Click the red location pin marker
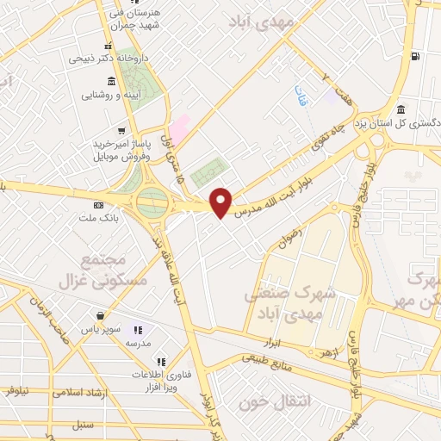221,202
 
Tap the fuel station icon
415,57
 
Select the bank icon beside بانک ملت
97,205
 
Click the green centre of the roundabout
153,204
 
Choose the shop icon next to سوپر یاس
102,316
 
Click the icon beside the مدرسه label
136,330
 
